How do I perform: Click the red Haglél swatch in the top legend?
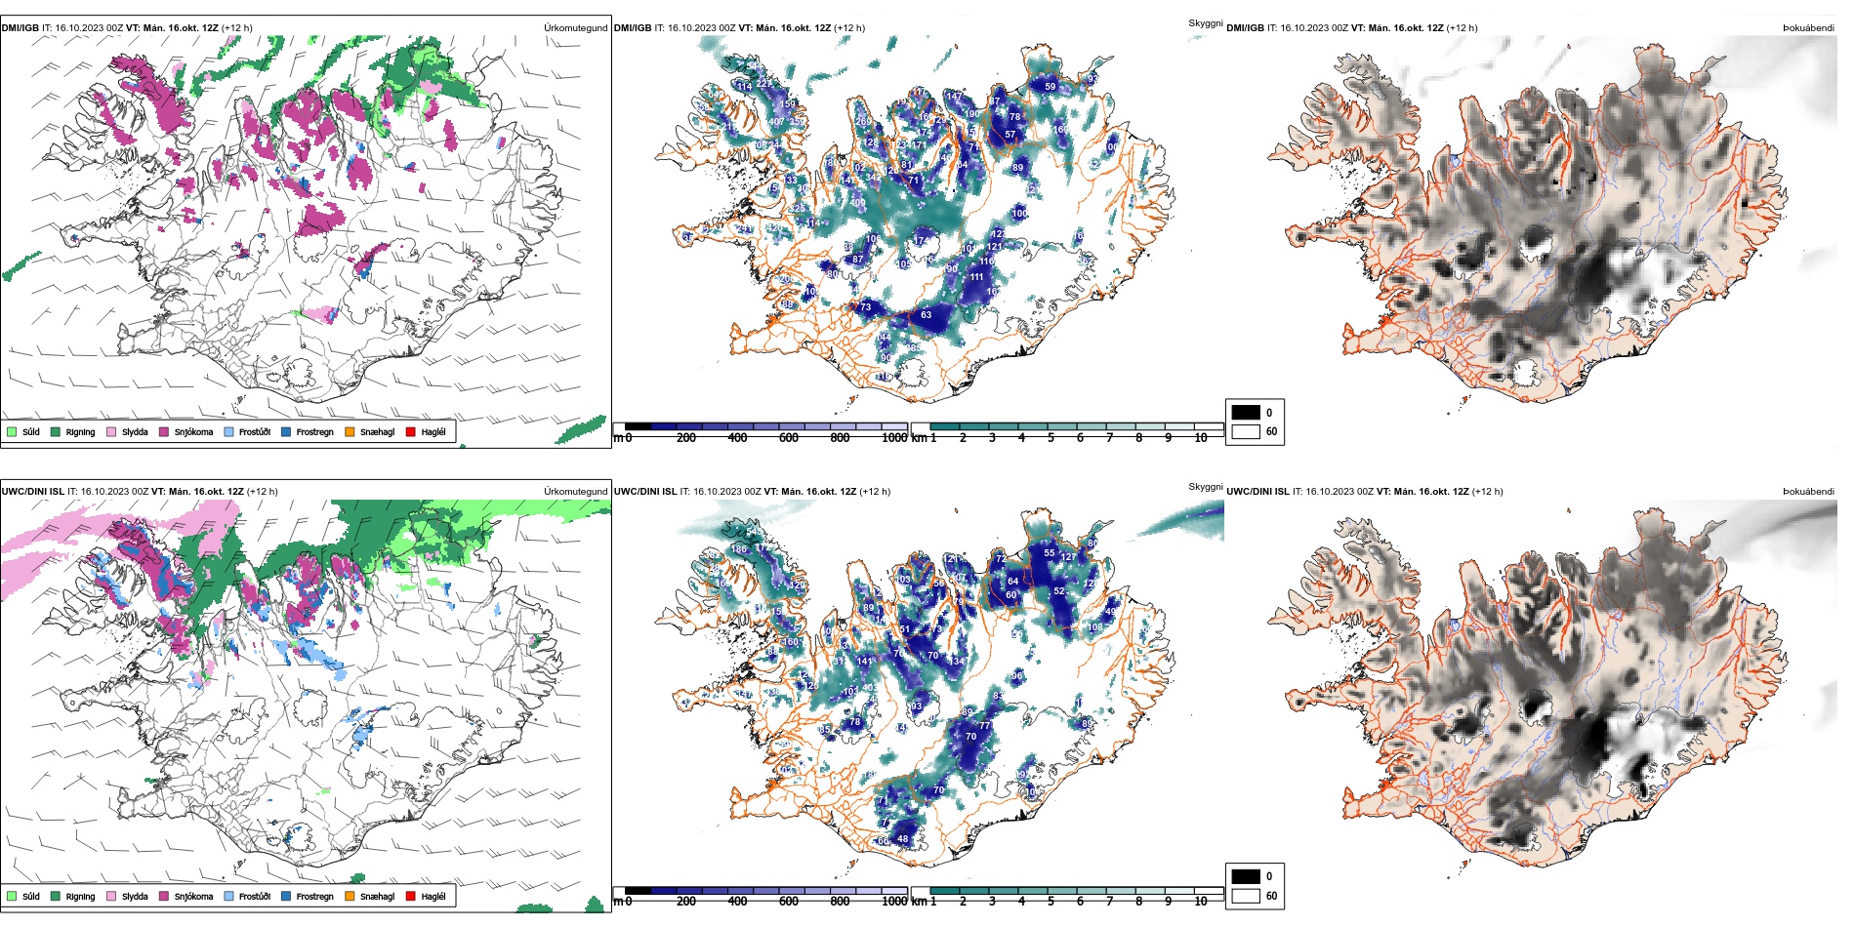click(x=411, y=431)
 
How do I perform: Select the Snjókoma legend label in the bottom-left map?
click(x=193, y=897)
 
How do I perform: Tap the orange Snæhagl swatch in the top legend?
click(x=350, y=431)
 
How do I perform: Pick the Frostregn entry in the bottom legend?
click(x=314, y=897)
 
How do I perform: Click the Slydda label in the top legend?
click(x=135, y=432)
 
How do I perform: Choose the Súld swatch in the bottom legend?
click(x=12, y=896)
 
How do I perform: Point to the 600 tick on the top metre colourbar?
click(x=789, y=438)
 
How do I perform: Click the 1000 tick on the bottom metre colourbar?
click(x=894, y=902)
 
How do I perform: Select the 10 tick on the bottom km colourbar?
click(x=1201, y=902)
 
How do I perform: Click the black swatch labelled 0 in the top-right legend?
click(x=1246, y=413)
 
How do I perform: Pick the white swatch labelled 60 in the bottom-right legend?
click(x=1246, y=896)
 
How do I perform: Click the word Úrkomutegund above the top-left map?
click(x=575, y=28)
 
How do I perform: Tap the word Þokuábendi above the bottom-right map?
click(x=1808, y=492)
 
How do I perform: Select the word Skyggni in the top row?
click(x=1206, y=22)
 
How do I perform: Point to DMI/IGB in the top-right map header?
click(x=1245, y=28)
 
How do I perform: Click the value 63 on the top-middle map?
click(x=926, y=315)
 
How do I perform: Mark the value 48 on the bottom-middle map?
click(x=902, y=838)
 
